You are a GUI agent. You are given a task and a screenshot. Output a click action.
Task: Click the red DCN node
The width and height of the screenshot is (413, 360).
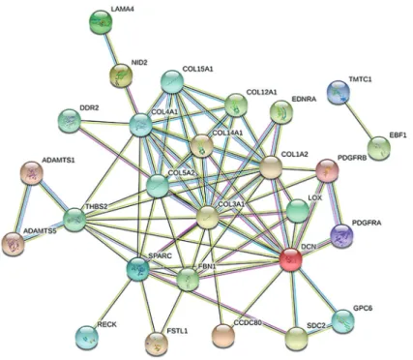click(290, 259)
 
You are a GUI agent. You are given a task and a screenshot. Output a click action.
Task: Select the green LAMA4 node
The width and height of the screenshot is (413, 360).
click(101, 21)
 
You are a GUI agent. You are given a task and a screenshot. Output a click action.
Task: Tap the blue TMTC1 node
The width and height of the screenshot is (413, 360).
click(339, 92)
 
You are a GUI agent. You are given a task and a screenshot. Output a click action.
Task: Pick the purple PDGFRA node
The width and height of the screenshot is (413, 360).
click(342, 236)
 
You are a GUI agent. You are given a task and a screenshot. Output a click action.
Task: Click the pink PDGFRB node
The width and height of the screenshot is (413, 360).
click(327, 170)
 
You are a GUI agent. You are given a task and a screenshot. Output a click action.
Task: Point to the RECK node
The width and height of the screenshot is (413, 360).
click(87, 338)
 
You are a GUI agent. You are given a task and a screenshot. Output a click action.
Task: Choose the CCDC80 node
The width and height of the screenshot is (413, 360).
click(223, 336)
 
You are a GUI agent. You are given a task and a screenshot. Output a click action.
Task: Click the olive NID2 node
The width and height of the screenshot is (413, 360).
click(120, 76)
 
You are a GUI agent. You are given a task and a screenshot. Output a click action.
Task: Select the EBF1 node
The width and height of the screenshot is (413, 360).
click(379, 148)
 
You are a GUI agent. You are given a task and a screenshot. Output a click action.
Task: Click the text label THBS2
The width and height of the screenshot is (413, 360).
click(97, 207)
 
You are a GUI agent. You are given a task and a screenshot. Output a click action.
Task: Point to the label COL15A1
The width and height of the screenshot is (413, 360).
click(197, 69)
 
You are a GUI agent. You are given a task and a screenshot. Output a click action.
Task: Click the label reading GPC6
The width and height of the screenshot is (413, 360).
click(363, 309)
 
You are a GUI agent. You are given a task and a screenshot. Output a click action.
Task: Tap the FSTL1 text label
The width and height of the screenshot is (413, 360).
click(178, 331)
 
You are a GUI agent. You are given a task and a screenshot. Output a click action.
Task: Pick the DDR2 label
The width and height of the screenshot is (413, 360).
click(89, 108)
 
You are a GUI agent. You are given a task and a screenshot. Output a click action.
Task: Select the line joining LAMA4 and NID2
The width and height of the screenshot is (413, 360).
click(110, 49)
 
